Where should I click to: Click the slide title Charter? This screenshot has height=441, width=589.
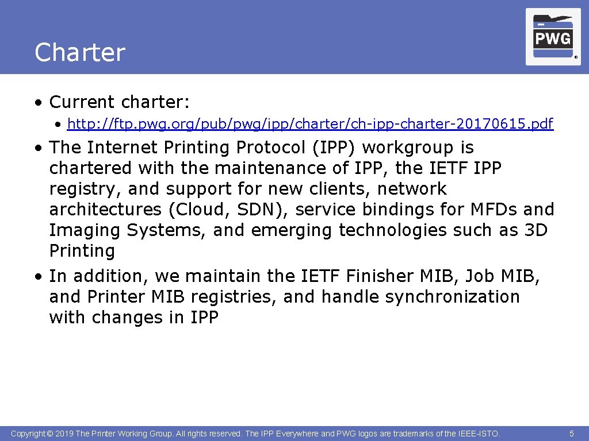(x=79, y=52)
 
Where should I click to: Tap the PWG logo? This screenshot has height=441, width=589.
(x=553, y=36)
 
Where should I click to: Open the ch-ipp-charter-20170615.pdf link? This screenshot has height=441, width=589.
(x=310, y=123)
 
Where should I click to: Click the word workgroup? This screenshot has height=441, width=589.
(x=408, y=148)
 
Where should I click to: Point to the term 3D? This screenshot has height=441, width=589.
(x=537, y=230)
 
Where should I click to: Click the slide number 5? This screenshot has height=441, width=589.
(x=571, y=434)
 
